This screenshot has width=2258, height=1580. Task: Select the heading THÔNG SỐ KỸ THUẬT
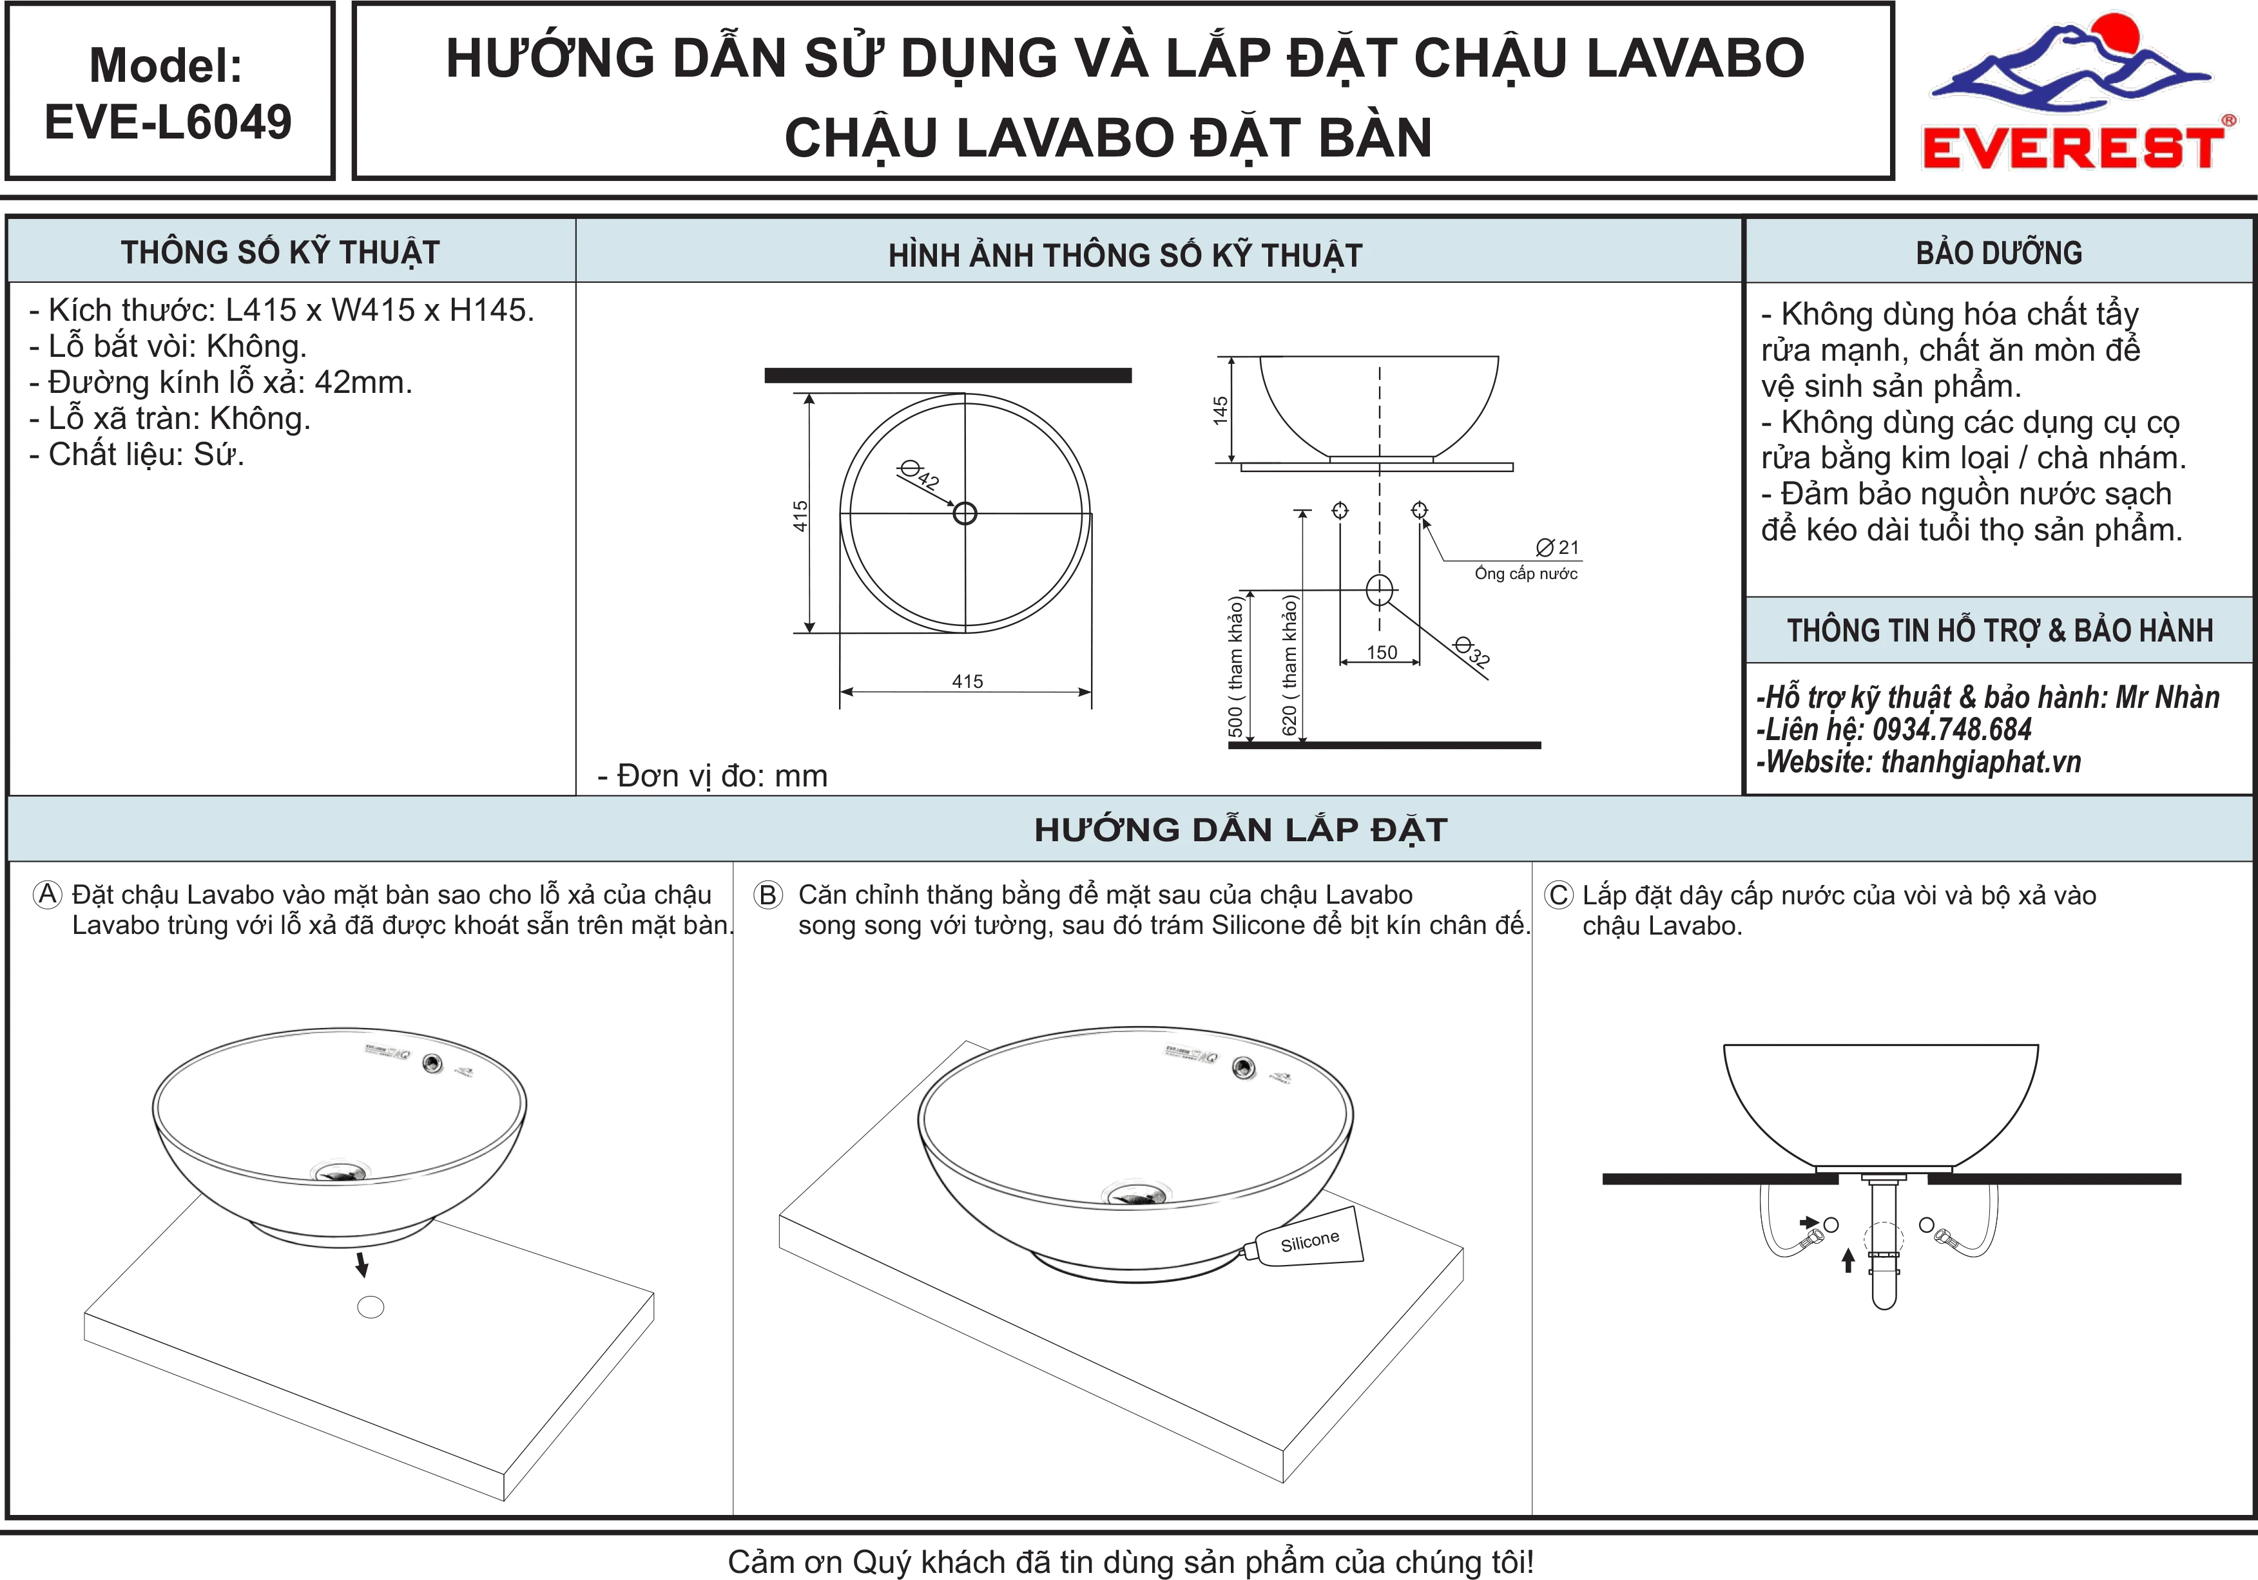pos(280,252)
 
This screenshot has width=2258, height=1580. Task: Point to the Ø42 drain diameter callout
pos(920,475)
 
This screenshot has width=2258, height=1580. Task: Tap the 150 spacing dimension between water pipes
pos(1382,652)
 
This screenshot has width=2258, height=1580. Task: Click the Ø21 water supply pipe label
pos(1558,547)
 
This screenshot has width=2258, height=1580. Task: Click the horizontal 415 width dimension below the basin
pos(967,681)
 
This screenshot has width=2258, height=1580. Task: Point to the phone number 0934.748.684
pos(1952,730)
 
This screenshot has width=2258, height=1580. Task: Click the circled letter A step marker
pos(47,895)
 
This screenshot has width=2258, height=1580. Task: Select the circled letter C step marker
pos(1559,895)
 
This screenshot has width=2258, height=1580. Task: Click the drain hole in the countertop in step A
pos(371,1307)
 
